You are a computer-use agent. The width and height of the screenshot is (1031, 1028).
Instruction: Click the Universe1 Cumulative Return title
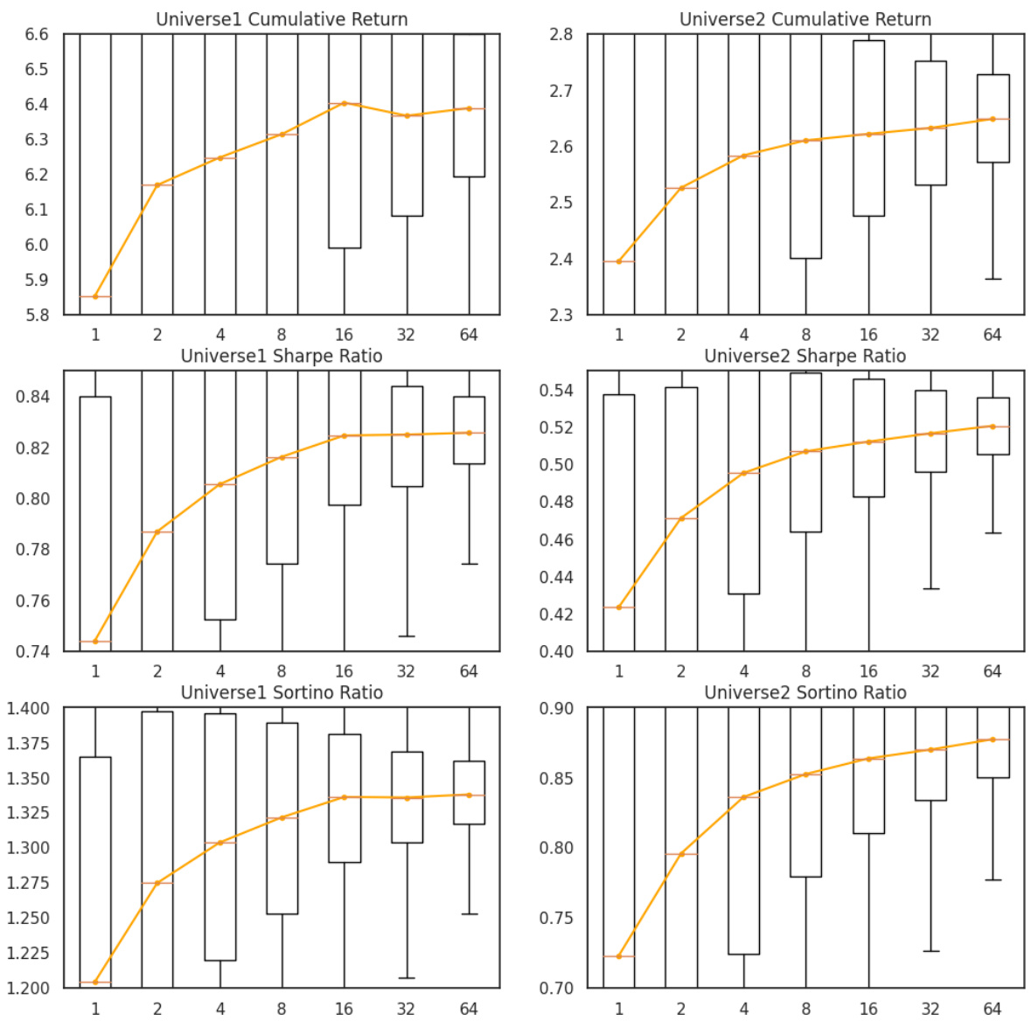coord(282,19)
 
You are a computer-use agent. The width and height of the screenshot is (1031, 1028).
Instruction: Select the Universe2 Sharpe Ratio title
coord(805,356)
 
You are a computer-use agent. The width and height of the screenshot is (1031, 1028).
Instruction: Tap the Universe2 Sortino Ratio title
coord(805,692)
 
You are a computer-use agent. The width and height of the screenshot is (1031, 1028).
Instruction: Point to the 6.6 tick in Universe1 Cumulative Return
coord(37,35)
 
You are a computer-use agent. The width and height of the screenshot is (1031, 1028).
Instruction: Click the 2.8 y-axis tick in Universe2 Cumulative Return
coord(561,35)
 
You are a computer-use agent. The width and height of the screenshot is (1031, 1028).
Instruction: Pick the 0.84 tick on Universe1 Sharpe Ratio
coord(33,397)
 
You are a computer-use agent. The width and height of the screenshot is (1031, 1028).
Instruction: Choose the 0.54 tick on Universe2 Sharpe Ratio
coord(556,390)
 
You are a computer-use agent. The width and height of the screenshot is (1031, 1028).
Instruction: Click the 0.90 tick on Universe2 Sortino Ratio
coord(556,708)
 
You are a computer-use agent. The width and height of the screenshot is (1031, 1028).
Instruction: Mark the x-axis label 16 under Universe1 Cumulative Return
coord(344,335)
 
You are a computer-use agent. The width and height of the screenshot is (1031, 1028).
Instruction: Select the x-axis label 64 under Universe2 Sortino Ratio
coord(992,1009)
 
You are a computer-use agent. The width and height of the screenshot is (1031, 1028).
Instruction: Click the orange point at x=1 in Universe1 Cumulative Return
coord(95,297)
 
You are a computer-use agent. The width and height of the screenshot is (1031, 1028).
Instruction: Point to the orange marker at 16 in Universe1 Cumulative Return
coord(345,103)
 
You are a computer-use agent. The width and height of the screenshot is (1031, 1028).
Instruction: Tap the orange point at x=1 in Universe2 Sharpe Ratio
coord(619,608)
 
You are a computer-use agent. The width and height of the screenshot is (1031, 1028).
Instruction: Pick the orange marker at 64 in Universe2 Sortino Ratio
coord(993,740)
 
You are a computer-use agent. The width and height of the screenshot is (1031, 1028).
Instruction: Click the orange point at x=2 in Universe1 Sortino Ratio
coord(157,883)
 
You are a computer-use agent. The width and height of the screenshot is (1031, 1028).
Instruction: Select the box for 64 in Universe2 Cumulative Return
coord(993,118)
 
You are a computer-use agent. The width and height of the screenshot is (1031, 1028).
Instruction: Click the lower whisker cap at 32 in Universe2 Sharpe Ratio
coord(930,589)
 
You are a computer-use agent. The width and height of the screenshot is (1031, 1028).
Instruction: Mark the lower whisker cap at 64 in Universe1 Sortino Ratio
coord(469,914)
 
